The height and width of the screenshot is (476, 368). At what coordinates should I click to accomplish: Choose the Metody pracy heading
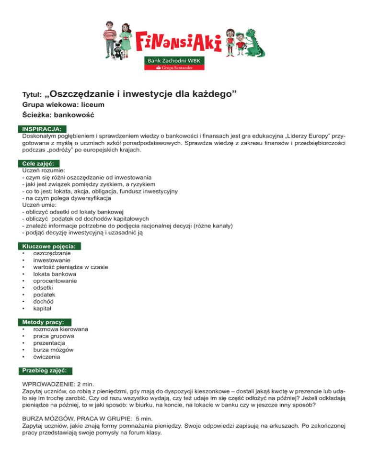click(x=44, y=322)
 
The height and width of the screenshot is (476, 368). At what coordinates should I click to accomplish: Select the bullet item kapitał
click(x=43, y=309)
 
